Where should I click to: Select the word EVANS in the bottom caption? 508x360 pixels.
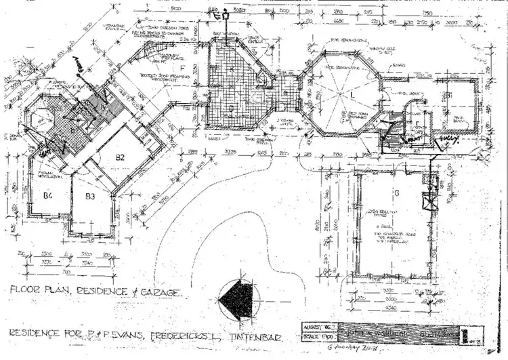tap(128, 334)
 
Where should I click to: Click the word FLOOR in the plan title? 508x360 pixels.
tap(26, 290)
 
